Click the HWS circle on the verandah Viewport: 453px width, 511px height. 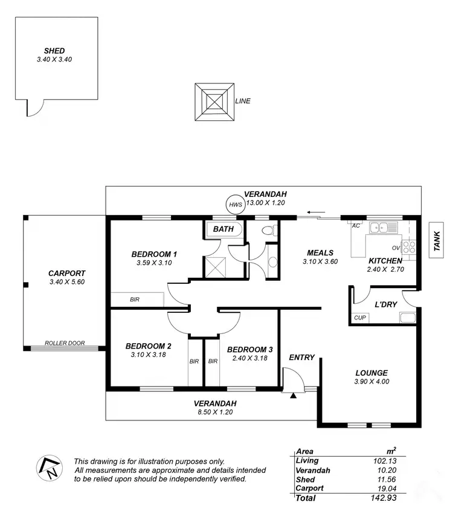click(235, 205)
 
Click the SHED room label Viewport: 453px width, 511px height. click(54, 51)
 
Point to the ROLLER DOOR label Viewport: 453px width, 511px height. click(65, 344)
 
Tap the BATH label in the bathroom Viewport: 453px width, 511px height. click(223, 230)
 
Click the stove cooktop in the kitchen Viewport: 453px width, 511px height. click(410, 246)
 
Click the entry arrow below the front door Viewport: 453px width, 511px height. click(294, 396)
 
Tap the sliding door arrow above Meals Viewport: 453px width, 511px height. click(314, 213)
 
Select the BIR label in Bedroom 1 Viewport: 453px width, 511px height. click(135, 300)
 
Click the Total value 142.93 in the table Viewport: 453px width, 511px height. click(384, 498)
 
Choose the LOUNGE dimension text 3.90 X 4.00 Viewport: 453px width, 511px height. click(371, 382)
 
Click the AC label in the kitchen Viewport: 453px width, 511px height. click(356, 225)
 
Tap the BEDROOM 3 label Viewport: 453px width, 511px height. click(249, 350)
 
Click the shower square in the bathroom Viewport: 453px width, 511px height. click(214, 266)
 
